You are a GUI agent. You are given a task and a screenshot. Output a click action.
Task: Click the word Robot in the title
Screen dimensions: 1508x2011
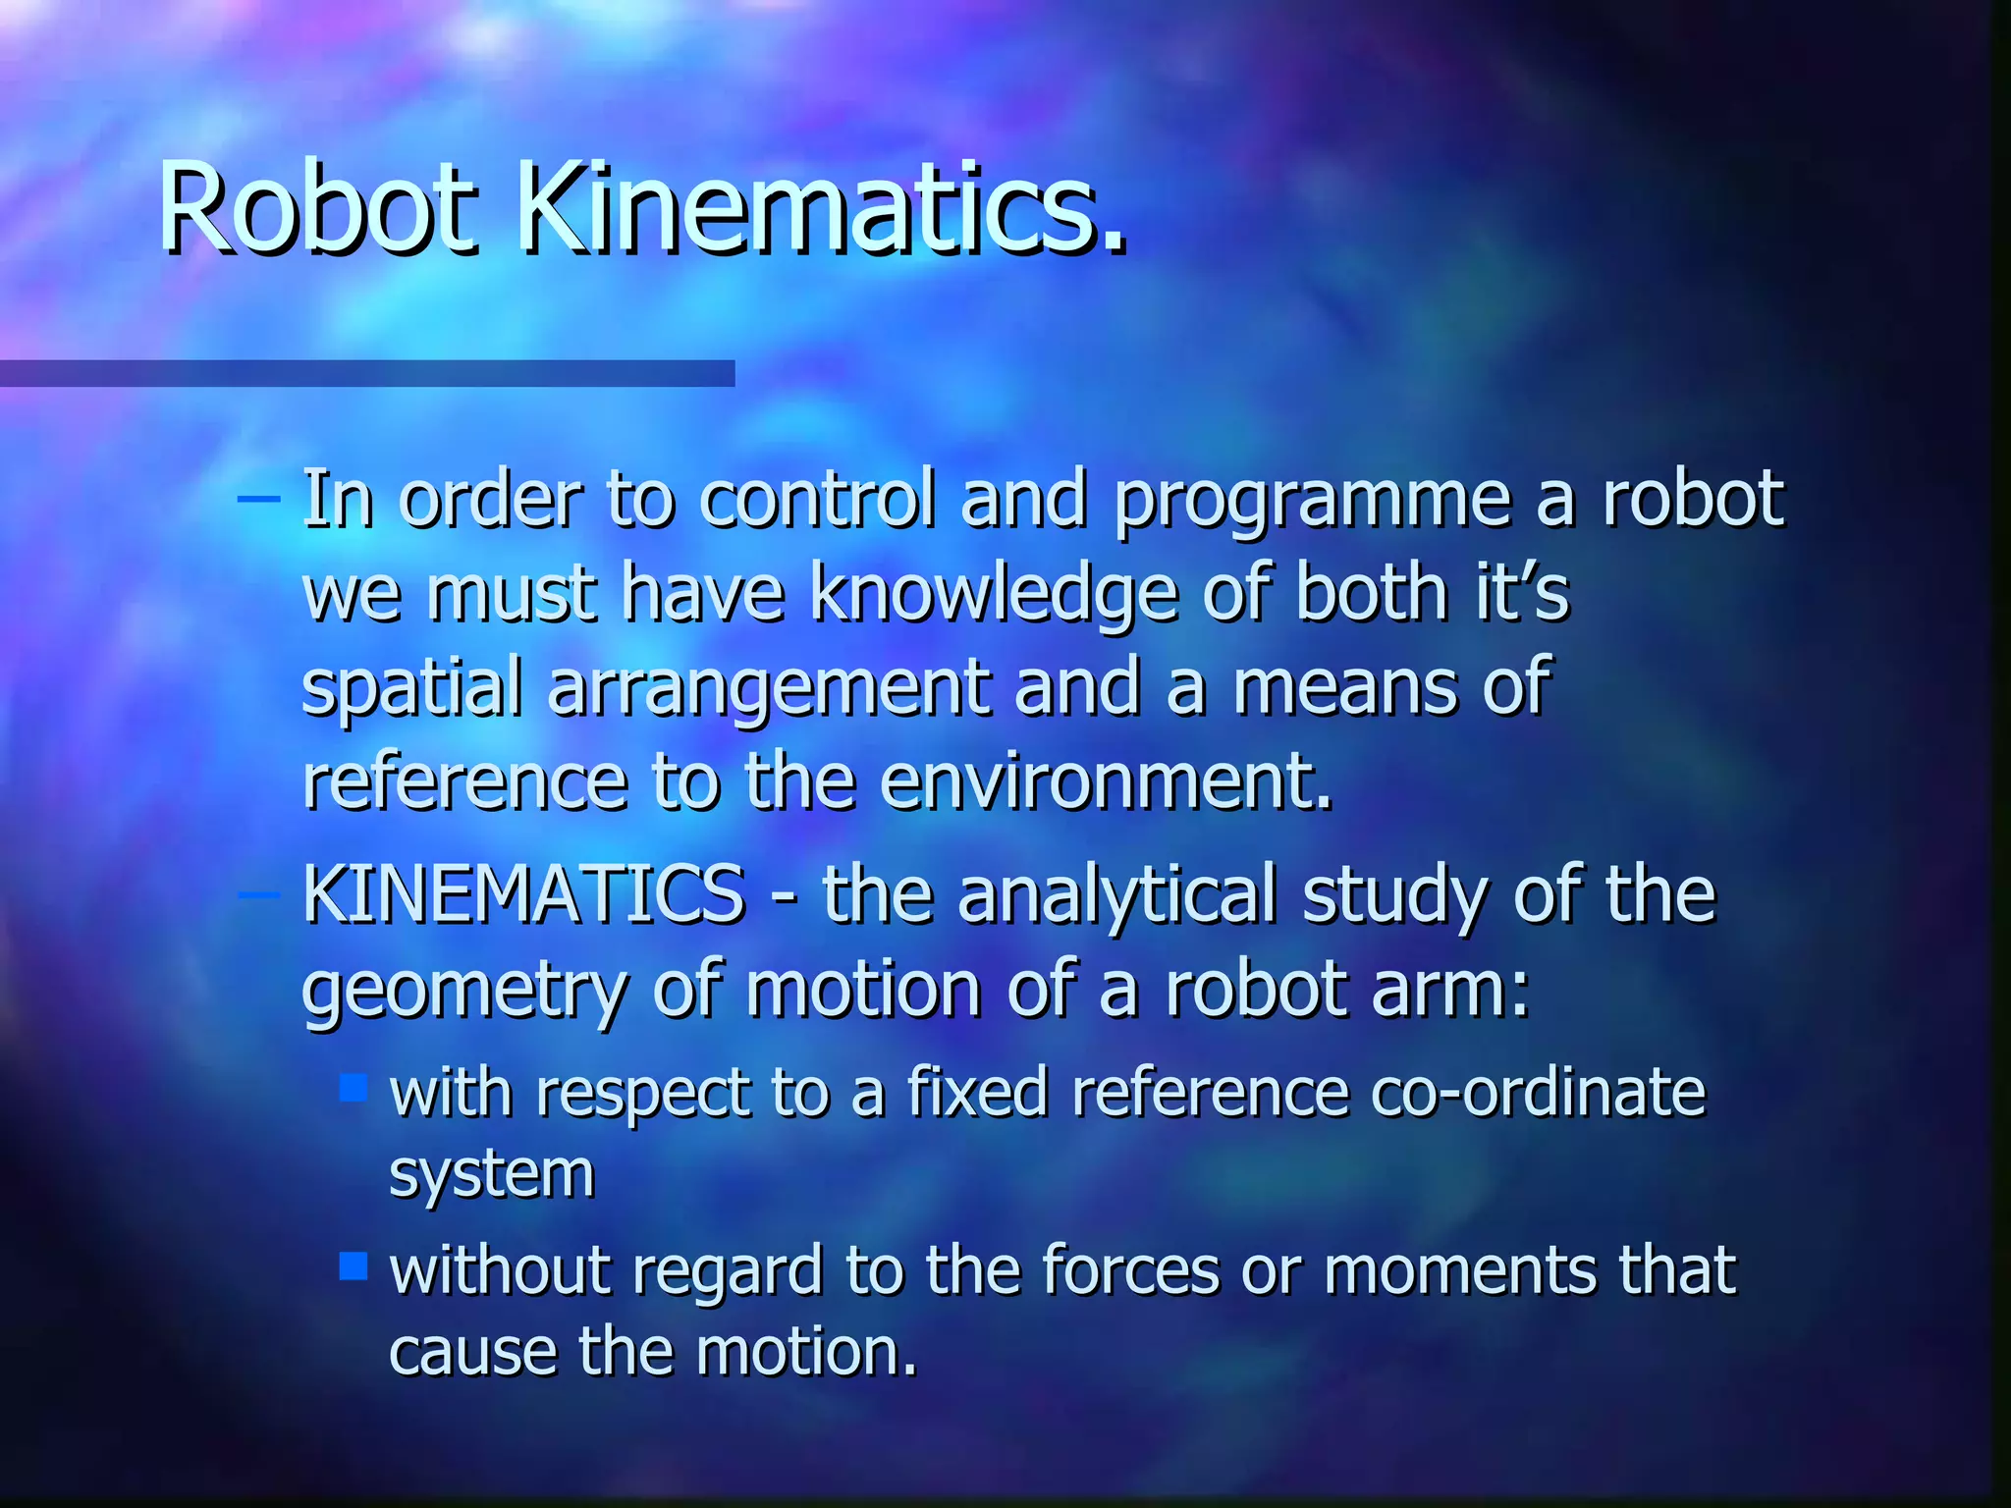tap(318, 209)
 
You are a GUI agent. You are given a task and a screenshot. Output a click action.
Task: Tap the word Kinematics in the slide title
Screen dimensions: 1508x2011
tap(821, 209)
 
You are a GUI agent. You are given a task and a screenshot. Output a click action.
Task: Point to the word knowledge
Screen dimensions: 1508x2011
tap(994, 595)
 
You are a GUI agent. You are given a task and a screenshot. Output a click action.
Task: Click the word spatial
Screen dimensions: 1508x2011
tap(411, 688)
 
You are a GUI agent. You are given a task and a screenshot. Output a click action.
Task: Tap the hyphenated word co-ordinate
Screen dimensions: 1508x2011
tap(1538, 1092)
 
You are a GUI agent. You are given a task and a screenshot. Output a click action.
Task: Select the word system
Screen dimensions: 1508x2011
tap(492, 1174)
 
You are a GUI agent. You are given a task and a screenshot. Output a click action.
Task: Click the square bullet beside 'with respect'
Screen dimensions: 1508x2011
tap(353, 1087)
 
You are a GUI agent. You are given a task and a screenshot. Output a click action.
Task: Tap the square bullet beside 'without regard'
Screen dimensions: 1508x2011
tap(353, 1266)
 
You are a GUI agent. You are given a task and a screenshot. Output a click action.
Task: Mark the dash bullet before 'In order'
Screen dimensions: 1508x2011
tap(258, 499)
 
